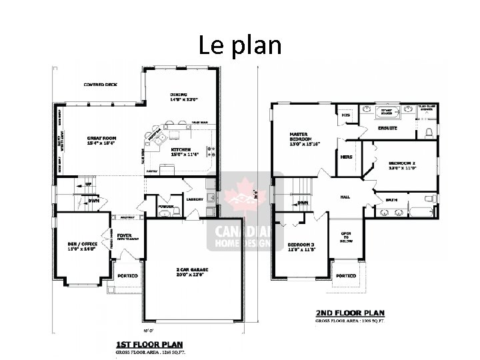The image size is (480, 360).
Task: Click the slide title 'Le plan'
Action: tap(240, 45)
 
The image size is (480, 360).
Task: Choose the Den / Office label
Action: tap(82, 246)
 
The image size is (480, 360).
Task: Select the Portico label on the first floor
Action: tap(127, 275)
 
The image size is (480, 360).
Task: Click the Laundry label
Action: tap(195, 199)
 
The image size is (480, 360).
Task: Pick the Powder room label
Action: tap(166, 207)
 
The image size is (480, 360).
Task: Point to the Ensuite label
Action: tap(387, 127)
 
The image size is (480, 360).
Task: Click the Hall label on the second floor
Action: tap(345, 197)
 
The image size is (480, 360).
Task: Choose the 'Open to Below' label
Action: tap(346, 238)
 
